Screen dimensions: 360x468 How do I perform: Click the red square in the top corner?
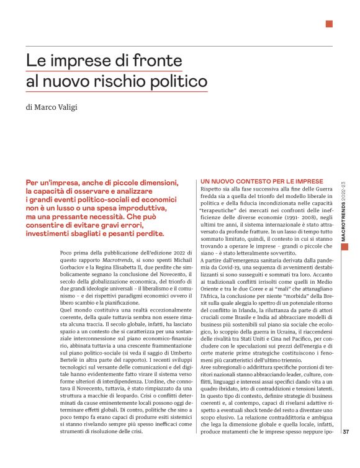click(329, 24)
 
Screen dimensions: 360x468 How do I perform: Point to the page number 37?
click(347, 432)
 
